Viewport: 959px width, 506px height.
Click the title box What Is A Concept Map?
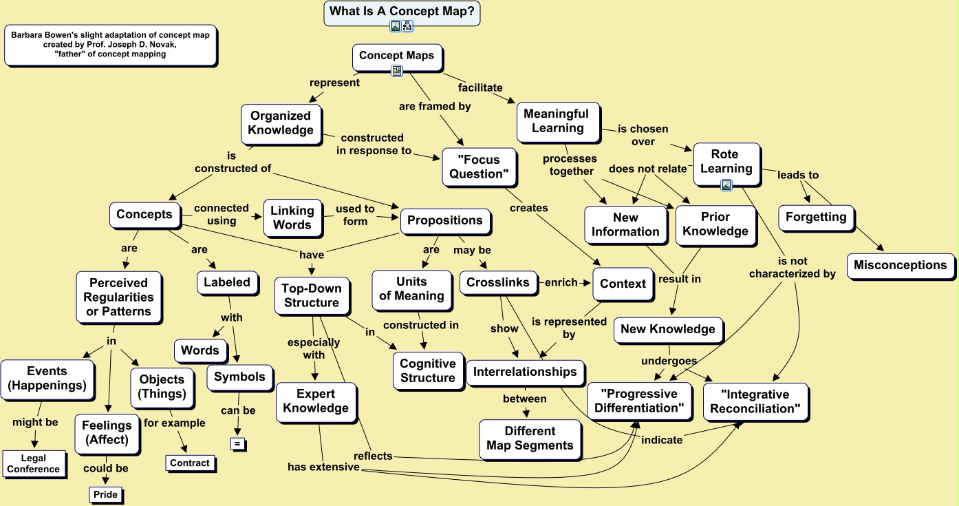pyautogui.click(x=402, y=11)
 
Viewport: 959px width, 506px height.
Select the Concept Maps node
pyautogui.click(x=396, y=56)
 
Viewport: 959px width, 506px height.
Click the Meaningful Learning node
pyautogui.click(x=557, y=121)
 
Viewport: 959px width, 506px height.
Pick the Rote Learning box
pyautogui.click(x=726, y=162)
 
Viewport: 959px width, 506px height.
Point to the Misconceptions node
pyautogui.click(x=900, y=265)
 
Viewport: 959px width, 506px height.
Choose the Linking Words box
pyautogui.click(x=292, y=218)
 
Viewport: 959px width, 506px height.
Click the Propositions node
pyautogui.click(x=445, y=220)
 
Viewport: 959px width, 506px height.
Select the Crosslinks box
pyautogui.click(x=498, y=283)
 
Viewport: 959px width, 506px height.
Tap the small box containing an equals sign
pyautogui.click(x=238, y=444)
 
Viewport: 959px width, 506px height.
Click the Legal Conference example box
pyautogui.click(x=34, y=463)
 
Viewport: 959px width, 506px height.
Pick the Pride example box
pyautogui.click(x=106, y=494)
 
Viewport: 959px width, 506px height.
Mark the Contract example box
pyautogui.click(x=190, y=463)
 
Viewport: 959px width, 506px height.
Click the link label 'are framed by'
pyautogui.click(x=435, y=107)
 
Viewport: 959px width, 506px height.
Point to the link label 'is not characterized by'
pyautogui.click(x=793, y=267)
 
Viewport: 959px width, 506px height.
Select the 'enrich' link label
pyautogui.click(x=561, y=282)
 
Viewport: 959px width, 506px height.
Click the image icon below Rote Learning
pyautogui.click(x=726, y=185)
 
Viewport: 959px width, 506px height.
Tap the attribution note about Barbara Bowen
pyautogui.click(x=110, y=45)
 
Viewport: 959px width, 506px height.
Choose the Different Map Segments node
pyautogui.click(x=530, y=439)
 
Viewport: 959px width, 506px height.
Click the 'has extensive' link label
pyautogui.click(x=323, y=467)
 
